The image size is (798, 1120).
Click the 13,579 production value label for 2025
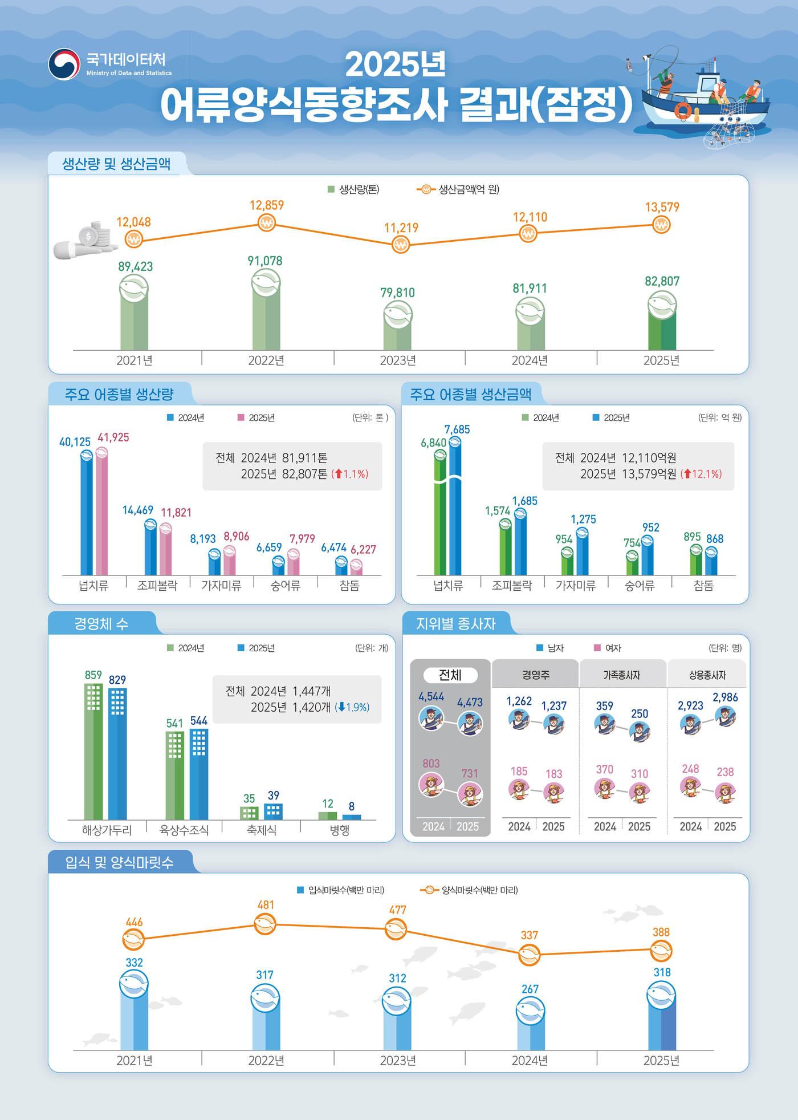(x=662, y=207)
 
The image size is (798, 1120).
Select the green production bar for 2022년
(x=266, y=319)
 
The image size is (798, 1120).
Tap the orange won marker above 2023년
(x=401, y=245)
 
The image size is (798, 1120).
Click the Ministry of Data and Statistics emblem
(x=63, y=64)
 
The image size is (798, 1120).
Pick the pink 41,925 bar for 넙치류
(x=101, y=513)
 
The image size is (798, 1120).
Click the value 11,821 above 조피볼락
(x=176, y=512)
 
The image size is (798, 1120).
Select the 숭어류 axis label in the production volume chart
(x=285, y=586)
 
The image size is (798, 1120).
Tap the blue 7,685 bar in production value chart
(x=455, y=508)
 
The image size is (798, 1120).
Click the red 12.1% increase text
(x=705, y=474)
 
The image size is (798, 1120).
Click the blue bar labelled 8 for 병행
(x=352, y=817)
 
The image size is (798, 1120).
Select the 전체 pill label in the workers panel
(x=450, y=675)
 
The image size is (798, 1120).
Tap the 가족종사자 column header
(x=621, y=675)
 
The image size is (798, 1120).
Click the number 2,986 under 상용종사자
(x=725, y=697)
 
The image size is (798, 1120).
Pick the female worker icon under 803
(x=431, y=784)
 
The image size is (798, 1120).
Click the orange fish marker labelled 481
(x=265, y=924)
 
